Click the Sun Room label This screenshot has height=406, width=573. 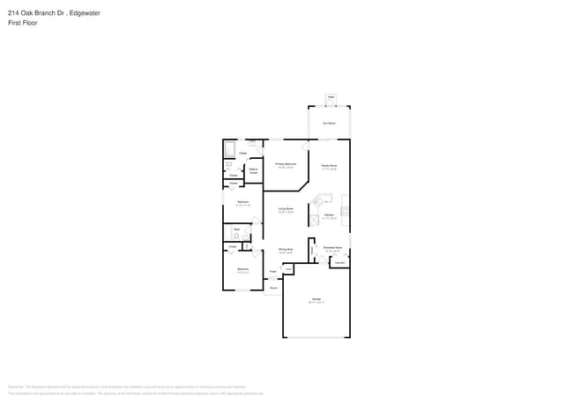pos(329,124)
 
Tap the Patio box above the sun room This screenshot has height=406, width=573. pos(331,97)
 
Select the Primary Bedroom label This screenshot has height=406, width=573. pos(286,165)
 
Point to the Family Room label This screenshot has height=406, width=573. pos(329,166)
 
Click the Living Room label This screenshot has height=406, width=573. pos(286,210)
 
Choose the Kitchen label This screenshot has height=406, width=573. pos(329,215)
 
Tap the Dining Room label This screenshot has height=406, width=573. pos(286,251)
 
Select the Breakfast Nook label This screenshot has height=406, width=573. pos(332,249)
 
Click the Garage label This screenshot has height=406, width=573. pos(316,301)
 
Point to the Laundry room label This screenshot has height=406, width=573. pos(339,262)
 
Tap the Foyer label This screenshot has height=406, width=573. pos(273,272)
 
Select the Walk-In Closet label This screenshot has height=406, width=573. pos(253,171)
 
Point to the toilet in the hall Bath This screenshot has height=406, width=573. pos(236,237)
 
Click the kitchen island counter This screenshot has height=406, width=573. pos(323,199)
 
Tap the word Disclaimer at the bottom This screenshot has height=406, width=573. pos(16,387)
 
